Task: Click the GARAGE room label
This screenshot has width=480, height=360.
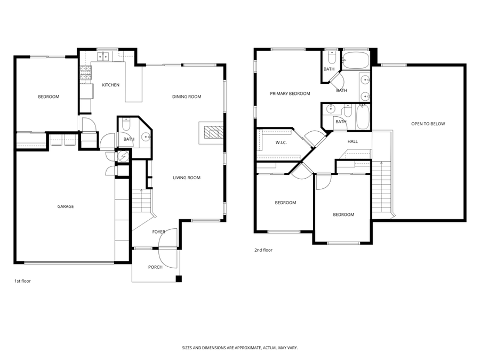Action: [66, 206]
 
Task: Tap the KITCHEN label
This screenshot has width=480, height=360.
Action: [110, 85]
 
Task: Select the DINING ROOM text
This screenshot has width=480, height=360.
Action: [187, 97]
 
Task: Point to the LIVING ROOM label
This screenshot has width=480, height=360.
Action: [187, 178]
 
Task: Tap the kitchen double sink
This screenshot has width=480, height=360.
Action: [103, 57]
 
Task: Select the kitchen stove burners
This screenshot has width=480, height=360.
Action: [86, 73]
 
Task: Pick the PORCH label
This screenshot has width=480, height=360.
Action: [155, 267]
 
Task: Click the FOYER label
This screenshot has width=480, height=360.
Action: [158, 232]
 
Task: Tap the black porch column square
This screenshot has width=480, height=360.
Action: [179, 279]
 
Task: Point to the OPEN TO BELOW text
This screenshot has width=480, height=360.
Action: [428, 124]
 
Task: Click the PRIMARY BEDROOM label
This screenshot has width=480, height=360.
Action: [290, 94]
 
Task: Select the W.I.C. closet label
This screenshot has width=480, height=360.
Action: [281, 142]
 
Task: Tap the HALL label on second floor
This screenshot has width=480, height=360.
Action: [353, 141]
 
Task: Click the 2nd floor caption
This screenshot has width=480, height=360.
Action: [263, 250]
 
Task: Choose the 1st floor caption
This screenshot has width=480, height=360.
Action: [22, 281]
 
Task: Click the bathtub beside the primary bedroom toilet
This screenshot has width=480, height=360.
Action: [356, 60]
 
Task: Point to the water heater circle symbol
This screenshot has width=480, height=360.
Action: [124, 156]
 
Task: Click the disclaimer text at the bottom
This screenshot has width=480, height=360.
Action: [240, 348]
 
